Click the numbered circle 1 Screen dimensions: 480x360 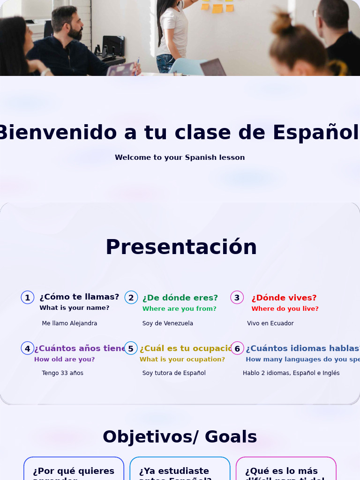point(28,298)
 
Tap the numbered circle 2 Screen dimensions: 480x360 point(131,298)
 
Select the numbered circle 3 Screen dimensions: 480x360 point(237,298)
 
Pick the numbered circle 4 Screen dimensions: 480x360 point(28,348)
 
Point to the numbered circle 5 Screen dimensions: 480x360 point(131,348)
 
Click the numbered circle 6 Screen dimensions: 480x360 point(237,348)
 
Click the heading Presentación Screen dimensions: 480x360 point(181,247)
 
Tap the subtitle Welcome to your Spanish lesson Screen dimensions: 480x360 point(180,157)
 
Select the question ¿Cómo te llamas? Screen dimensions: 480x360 point(79,297)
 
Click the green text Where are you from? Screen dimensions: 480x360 point(180,309)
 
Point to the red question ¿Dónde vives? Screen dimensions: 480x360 point(284,298)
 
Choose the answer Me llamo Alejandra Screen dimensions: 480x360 point(69,323)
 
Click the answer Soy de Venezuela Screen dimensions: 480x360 point(168,323)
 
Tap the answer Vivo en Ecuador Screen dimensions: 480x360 point(270,323)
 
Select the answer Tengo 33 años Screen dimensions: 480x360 point(62,373)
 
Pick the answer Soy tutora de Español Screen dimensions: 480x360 point(174,373)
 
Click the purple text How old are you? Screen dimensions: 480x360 point(64,360)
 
